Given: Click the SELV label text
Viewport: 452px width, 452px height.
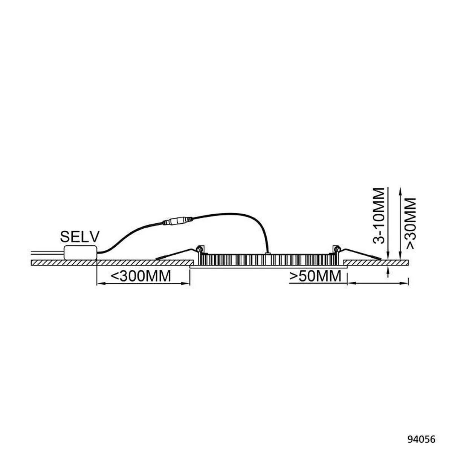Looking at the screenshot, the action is point(80,237).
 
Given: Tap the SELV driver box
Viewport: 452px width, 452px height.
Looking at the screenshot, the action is point(81,252).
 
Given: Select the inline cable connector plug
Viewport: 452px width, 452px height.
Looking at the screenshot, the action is point(177,221).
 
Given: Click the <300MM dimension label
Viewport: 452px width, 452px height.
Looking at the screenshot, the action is point(140,276).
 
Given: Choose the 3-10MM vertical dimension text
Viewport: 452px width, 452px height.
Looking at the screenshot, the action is point(379,216).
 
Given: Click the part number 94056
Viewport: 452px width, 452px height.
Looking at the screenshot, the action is point(421,440).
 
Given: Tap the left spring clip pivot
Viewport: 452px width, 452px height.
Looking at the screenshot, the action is point(200,248).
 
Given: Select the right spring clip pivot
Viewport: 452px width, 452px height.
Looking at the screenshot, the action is point(337,248).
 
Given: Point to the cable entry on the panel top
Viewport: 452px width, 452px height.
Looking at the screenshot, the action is point(267,253).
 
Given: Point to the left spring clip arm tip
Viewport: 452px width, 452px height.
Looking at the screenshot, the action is point(157,259).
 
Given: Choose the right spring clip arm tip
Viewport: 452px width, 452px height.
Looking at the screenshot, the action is point(380,259).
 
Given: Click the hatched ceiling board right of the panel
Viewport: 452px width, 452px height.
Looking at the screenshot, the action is point(376,263).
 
